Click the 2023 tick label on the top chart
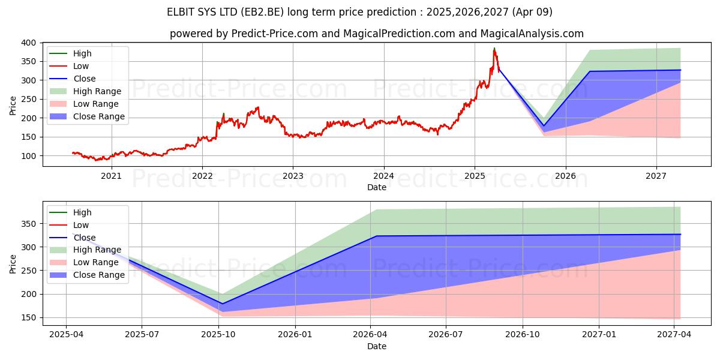(x=293, y=176)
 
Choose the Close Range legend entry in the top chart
(x=99, y=116)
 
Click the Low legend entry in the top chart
(x=82, y=66)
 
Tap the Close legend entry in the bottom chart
(x=84, y=238)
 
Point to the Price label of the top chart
(x=13, y=105)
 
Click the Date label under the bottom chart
(x=376, y=346)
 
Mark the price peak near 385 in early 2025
(x=494, y=48)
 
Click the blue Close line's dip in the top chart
(x=544, y=125)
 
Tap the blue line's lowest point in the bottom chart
(x=222, y=304)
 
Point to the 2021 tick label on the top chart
(x=111, y=176)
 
